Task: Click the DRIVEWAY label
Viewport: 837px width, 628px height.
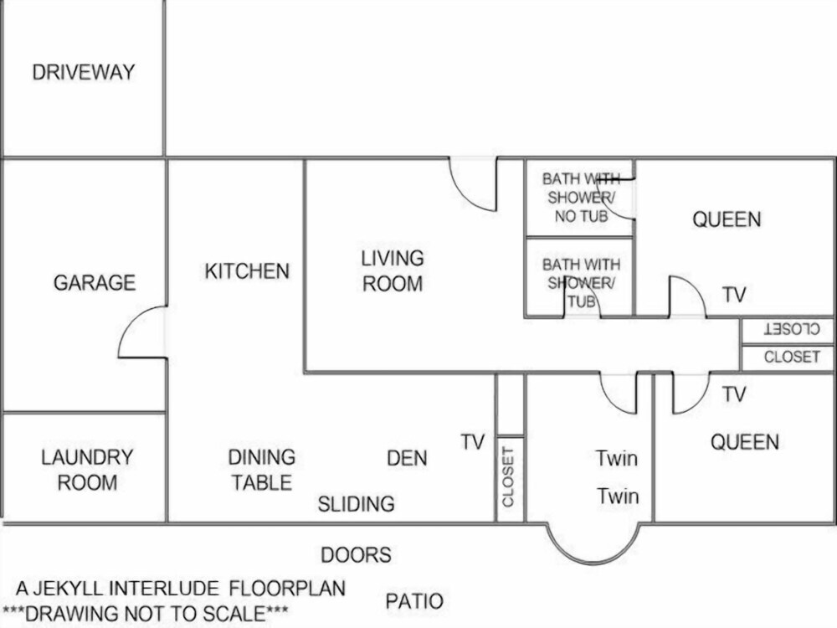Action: [x=83, y=72]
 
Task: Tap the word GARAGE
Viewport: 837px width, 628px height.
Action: [x=95, y=282]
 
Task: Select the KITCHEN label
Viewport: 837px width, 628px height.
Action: [x=247, y=271]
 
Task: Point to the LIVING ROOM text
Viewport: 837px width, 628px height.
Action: [x=393, y=270]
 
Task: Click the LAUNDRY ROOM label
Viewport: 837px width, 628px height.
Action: [x=87, y=470]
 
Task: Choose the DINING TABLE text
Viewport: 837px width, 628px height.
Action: [x=261, y=470]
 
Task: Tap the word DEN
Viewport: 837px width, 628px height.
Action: [x=408, y=458]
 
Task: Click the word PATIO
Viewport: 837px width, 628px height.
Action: [x=415, y=601]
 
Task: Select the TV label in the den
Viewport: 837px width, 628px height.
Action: [x=473, y=441]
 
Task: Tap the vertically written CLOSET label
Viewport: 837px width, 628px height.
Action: [x=508, y=477]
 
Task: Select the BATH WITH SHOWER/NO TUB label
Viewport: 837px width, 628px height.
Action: [x=582, y=197]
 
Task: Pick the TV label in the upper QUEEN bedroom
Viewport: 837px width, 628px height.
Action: [x=734, y=294]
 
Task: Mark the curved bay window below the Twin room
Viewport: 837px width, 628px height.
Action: [x=593, y=563]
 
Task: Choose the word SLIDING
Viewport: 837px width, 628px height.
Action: [x=356, y=504]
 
